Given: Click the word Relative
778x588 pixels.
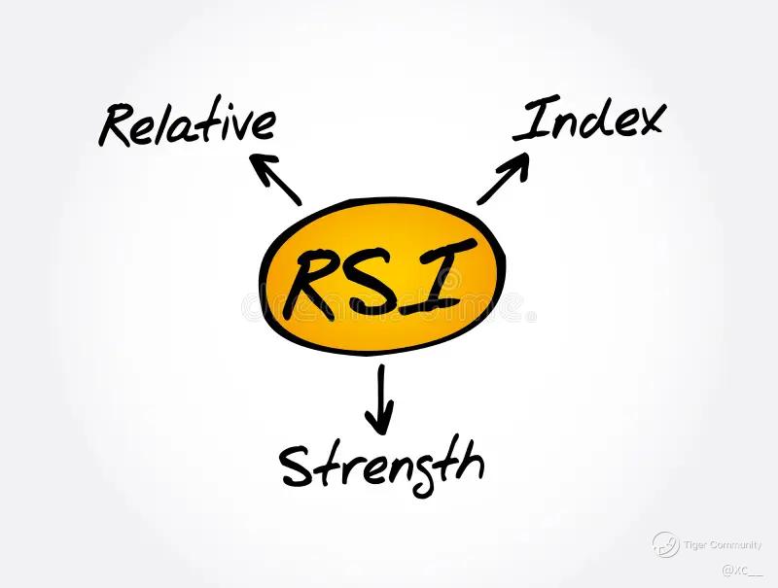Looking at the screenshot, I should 188,125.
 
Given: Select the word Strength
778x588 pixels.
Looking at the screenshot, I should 381,465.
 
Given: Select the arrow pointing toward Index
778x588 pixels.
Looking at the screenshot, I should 503,179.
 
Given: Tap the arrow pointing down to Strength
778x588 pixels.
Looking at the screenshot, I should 380,398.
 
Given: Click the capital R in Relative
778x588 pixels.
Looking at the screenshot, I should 117,127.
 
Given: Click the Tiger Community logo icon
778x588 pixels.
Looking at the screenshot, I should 665,544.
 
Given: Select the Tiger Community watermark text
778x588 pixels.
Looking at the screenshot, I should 723,545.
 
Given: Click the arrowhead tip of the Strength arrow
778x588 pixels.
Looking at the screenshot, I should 380,431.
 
